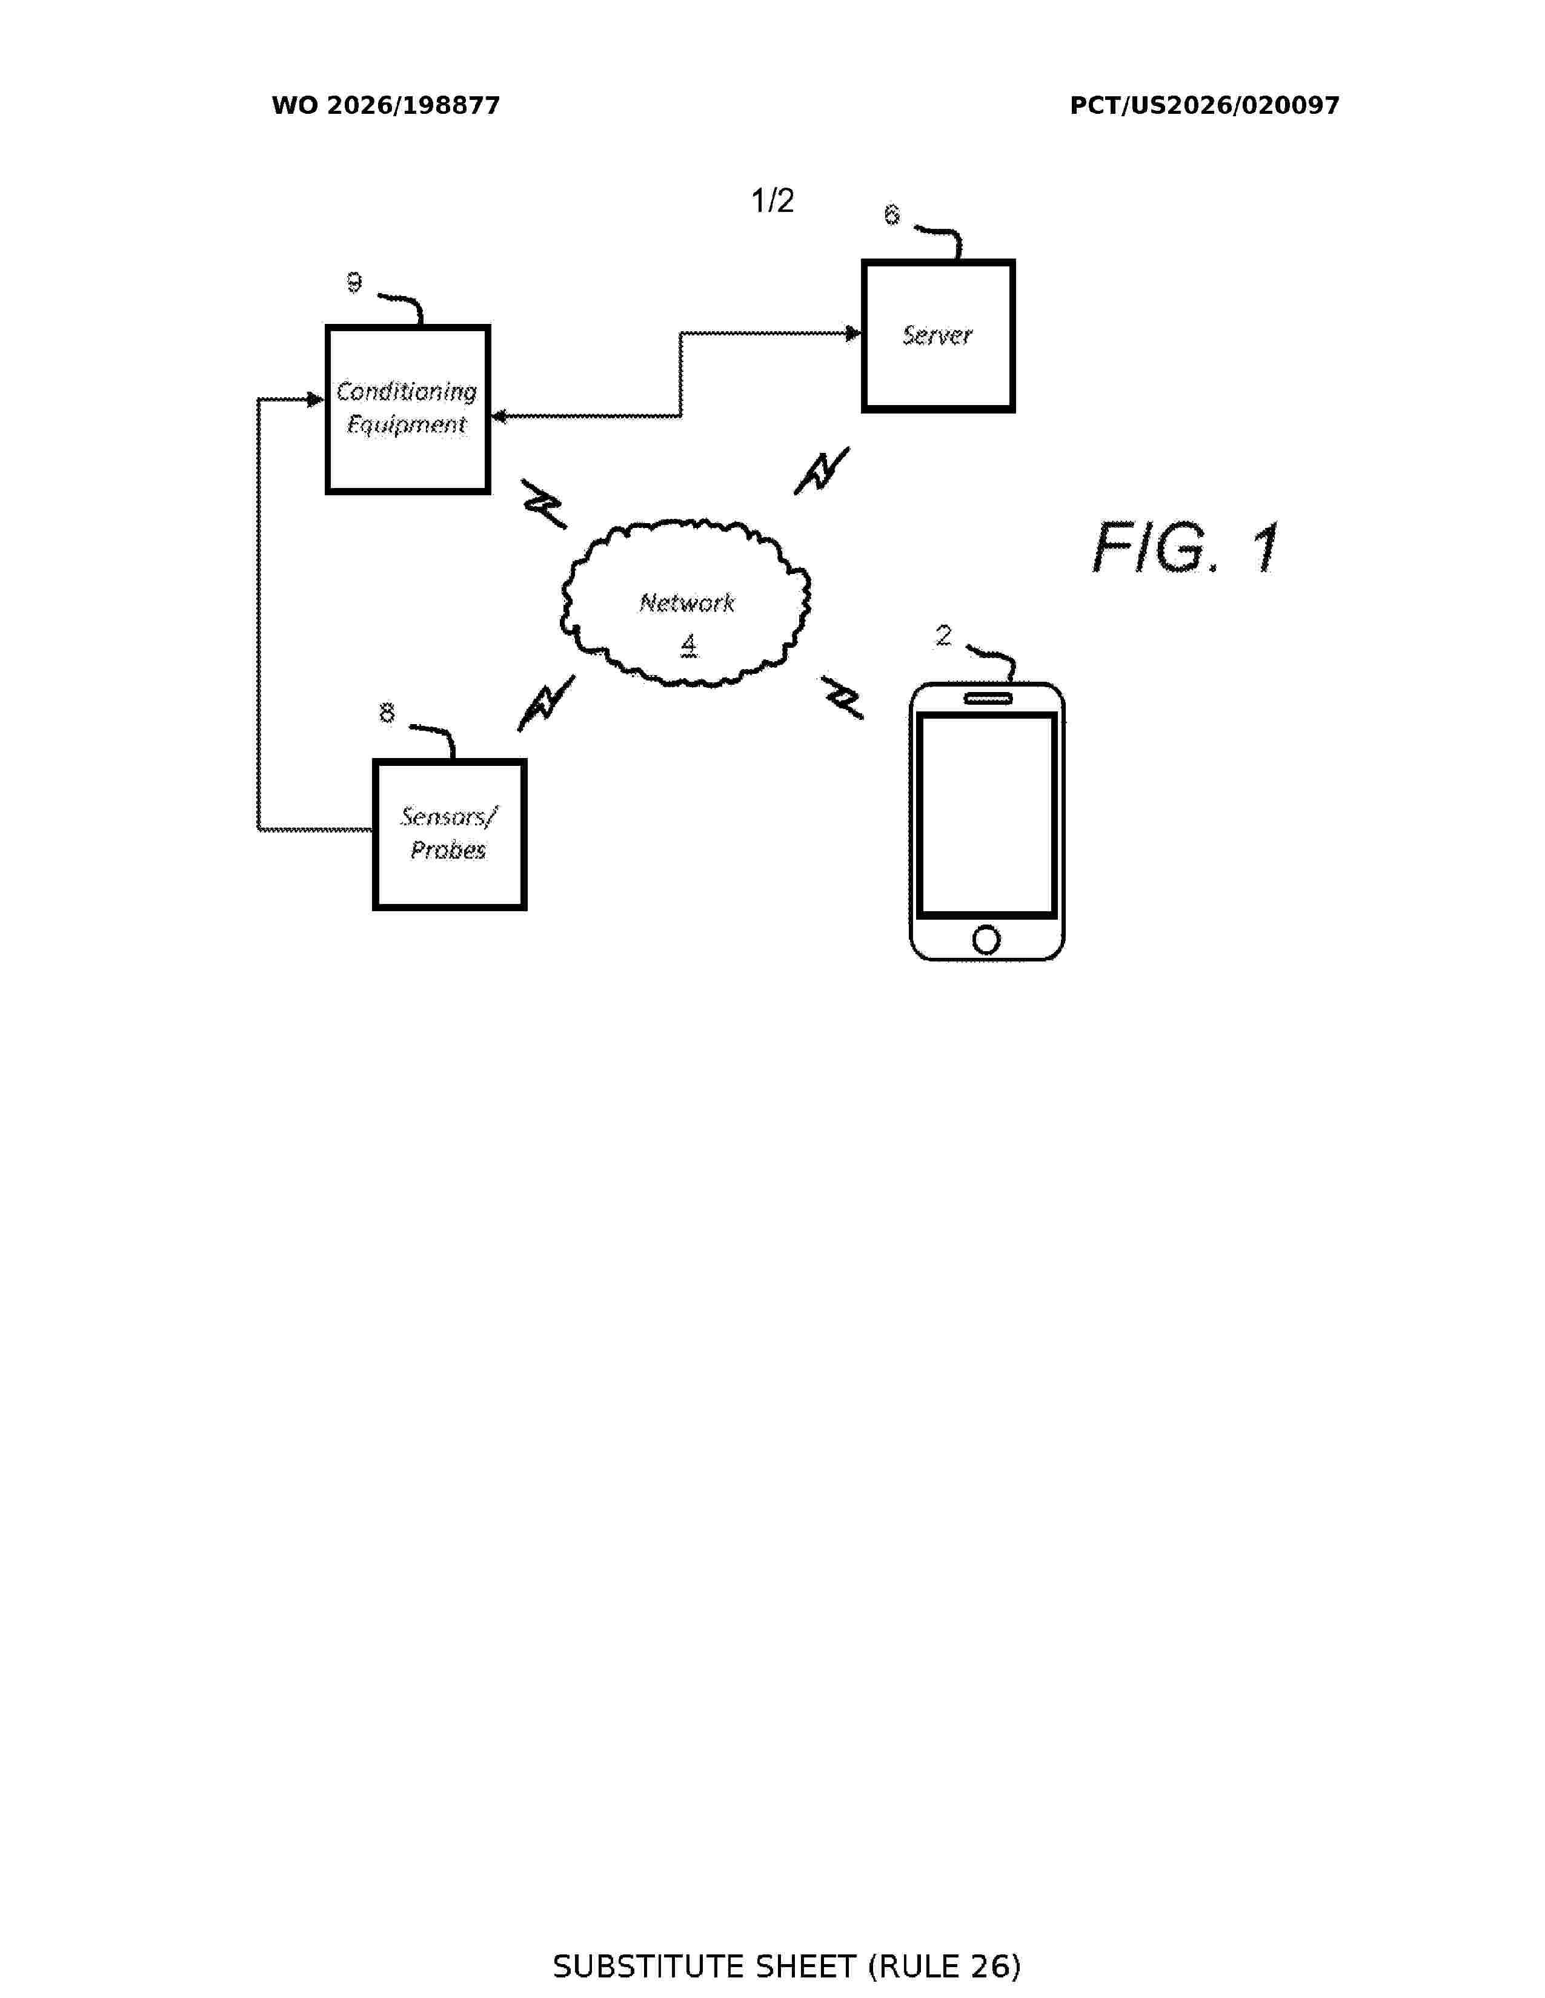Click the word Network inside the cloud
(686, 603)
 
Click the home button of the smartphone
(986, 940)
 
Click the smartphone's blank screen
(986, 814)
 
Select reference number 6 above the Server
(891, 215)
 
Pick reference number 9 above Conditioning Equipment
(354, 283)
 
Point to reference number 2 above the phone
(943, 636)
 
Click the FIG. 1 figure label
(1187, 548)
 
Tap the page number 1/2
(772, 200)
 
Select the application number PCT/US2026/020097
(1204, 106)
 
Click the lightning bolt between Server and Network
(822, 471)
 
